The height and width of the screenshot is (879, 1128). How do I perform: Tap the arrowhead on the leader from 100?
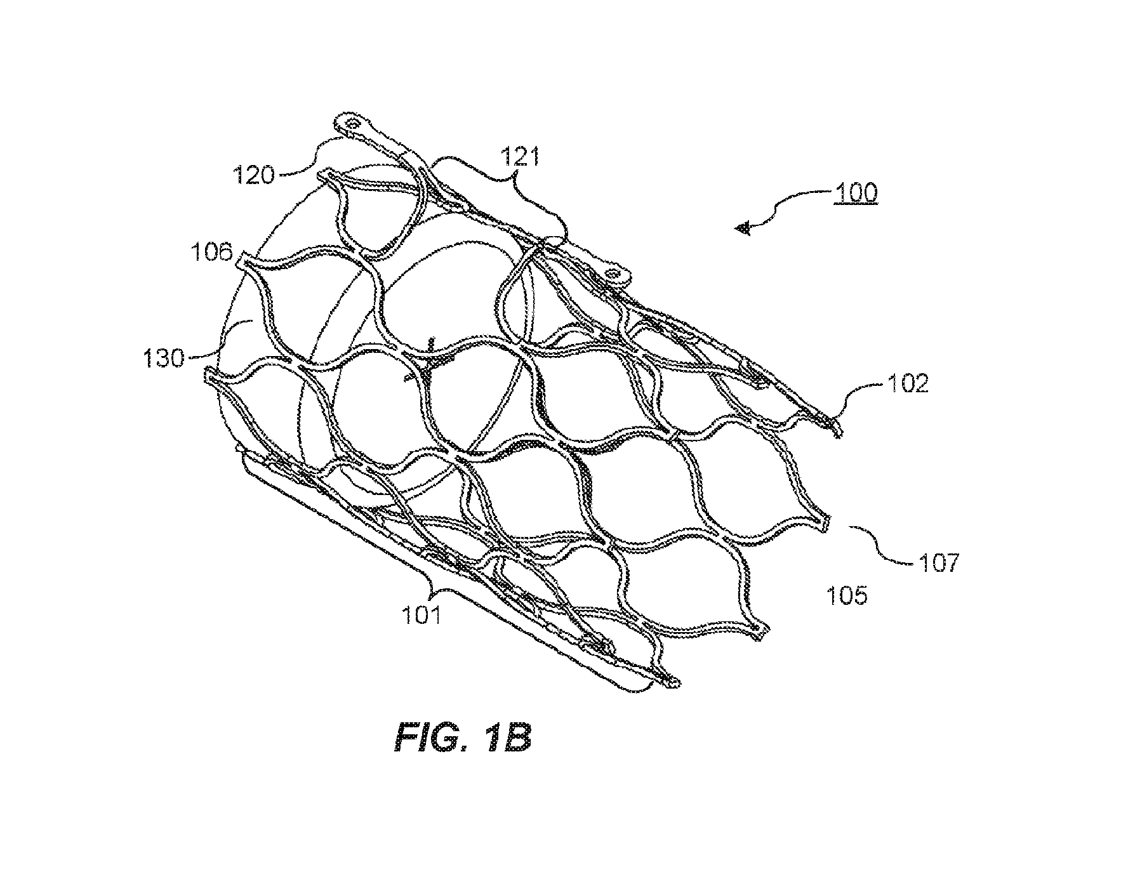click(744, 228)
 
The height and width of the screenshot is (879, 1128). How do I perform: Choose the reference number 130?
click(161, 359)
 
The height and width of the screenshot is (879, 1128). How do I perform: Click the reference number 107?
click(937, 562)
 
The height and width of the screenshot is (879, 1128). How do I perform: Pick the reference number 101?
click(423, 614)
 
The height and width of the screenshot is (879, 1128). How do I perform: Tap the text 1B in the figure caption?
click(507, 739)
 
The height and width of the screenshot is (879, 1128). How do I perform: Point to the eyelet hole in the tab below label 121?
click(612, 274)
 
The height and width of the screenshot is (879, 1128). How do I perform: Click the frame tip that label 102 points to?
click(837, 430)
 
